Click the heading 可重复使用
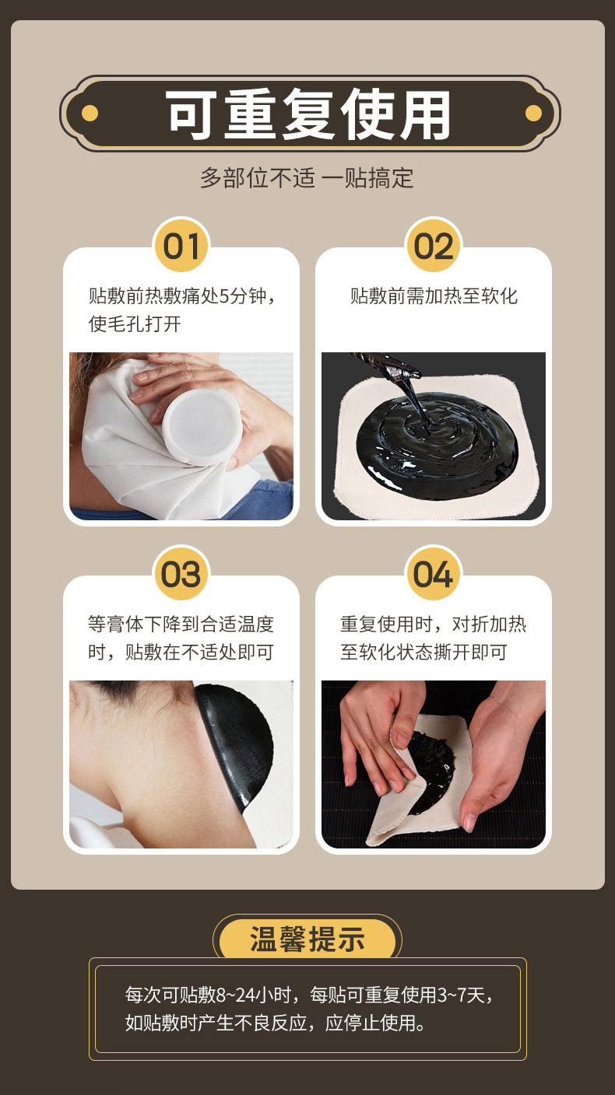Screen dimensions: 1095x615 [x=309, y=114]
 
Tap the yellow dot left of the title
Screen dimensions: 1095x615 [x=90, y=114]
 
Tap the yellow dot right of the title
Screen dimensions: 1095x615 [x=533, y=114]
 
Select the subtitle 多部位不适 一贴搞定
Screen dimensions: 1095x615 [x=307, y=178]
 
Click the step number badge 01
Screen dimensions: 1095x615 [x=181, y=247]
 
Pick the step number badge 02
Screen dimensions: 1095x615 [x=433, y=247]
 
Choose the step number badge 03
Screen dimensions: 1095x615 [x=181, y=575]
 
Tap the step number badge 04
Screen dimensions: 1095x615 [x=433, y=575]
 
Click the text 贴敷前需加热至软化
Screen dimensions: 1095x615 [x=434, y=296]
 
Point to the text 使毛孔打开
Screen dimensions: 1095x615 [x=135, y=324]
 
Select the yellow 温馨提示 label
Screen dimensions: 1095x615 [x=307, y=939]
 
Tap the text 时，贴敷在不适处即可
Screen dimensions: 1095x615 [x=181, y=652]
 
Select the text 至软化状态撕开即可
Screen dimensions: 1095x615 [x=423, y=652]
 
